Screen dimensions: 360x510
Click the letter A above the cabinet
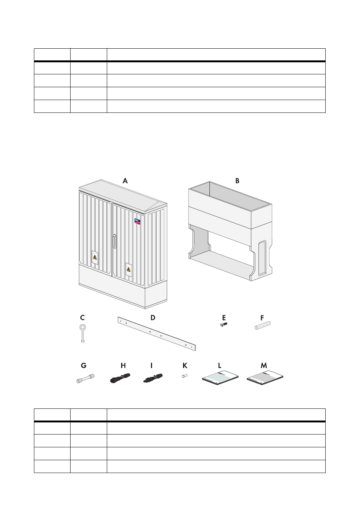tap(125, 181)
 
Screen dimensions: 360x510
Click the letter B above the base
tap(237, 181)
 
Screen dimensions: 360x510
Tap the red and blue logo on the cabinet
tap(137, 222)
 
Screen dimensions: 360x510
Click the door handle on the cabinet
tap(114, 241)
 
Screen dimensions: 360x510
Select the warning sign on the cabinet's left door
tap(95, 257)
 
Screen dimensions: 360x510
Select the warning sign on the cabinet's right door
tap(129, 270)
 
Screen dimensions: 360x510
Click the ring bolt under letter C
tap(83, 333)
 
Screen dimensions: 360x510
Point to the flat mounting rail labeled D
tap(157, 334)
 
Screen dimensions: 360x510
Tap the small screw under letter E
tap(224, 324)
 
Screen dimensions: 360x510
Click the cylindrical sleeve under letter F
tap(262, 325)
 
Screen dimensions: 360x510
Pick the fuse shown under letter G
tap(85, 378)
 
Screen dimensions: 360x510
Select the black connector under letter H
tap(120, 378)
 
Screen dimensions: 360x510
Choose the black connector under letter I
tap(153, 378)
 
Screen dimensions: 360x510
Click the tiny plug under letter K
tap(185, 376)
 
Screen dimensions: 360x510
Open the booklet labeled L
tap(220, 378)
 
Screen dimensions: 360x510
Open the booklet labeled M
tap(265, 378)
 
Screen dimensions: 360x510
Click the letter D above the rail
tap(153, 317)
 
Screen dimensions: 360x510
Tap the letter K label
tap(185, 365)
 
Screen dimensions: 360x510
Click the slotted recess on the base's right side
tap(262, 258)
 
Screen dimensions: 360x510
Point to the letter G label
tap(83, 365)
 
